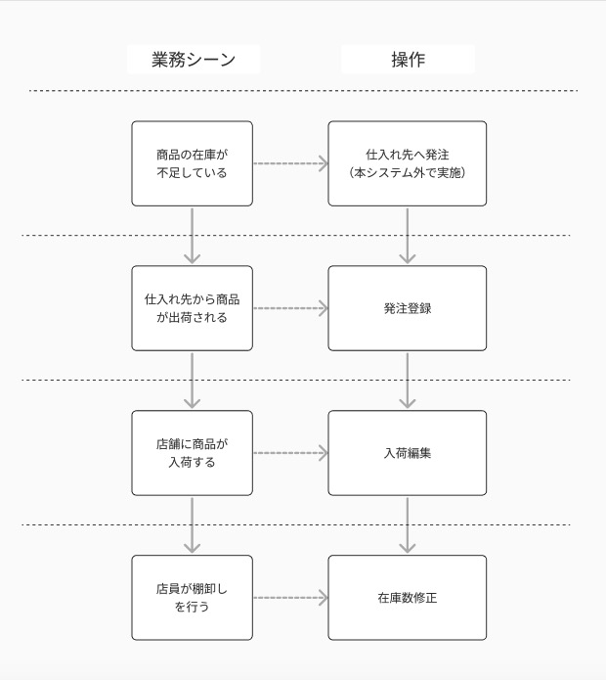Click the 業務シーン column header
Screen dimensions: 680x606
tap(194, 60)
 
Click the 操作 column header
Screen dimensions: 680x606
tap(408, 60)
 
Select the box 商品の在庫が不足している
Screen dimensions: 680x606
tap(193, 163)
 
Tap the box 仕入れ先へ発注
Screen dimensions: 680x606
tap(407, 163)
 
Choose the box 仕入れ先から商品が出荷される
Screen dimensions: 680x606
tap(193, 308)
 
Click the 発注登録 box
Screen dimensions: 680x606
tap(407, 308)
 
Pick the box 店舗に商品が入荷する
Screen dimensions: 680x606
tap(193, 453)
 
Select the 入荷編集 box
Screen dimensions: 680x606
tap(407, 453)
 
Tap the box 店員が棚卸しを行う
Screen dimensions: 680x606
tap(193, 598)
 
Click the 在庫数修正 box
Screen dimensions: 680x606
tap(407, 598)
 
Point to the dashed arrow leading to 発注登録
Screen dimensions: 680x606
tap(290, 308)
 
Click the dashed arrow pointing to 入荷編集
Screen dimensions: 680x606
tap(290, 453)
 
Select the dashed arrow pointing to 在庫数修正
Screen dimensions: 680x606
tap(290, 598)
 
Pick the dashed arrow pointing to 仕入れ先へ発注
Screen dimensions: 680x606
tap(290, 163)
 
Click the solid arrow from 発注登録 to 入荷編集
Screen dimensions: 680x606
tap(407, 381)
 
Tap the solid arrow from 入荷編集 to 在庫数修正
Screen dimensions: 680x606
tap(407, 525)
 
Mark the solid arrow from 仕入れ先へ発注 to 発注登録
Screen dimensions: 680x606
tap(407, 236)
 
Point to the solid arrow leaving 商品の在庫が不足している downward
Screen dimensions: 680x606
tap(193, 236)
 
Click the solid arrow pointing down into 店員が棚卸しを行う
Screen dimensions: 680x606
tap(193, 525)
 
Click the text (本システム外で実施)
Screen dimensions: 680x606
tap(407, 173)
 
